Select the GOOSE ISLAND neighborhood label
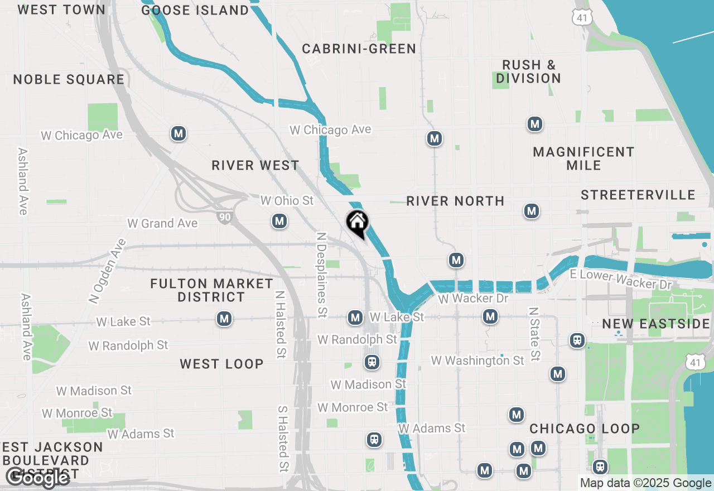195,10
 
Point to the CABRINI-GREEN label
359,49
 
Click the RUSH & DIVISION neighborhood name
529,71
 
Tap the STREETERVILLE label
638,195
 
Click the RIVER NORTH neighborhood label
455,201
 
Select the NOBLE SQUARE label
69,79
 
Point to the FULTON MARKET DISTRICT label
211,290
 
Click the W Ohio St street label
287,200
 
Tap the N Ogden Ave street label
107,271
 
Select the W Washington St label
477,360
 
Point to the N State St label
534,334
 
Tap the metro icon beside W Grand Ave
279,222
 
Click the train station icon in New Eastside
577,340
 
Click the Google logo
37,477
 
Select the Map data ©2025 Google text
645,483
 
